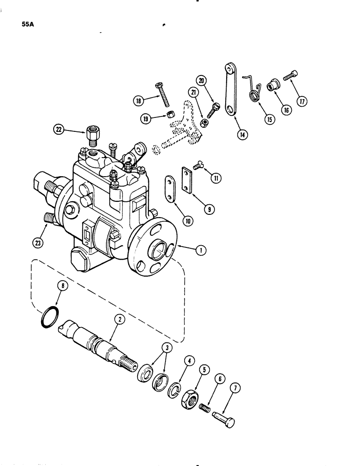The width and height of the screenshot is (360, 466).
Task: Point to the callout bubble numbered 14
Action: (x=242, y=136)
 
